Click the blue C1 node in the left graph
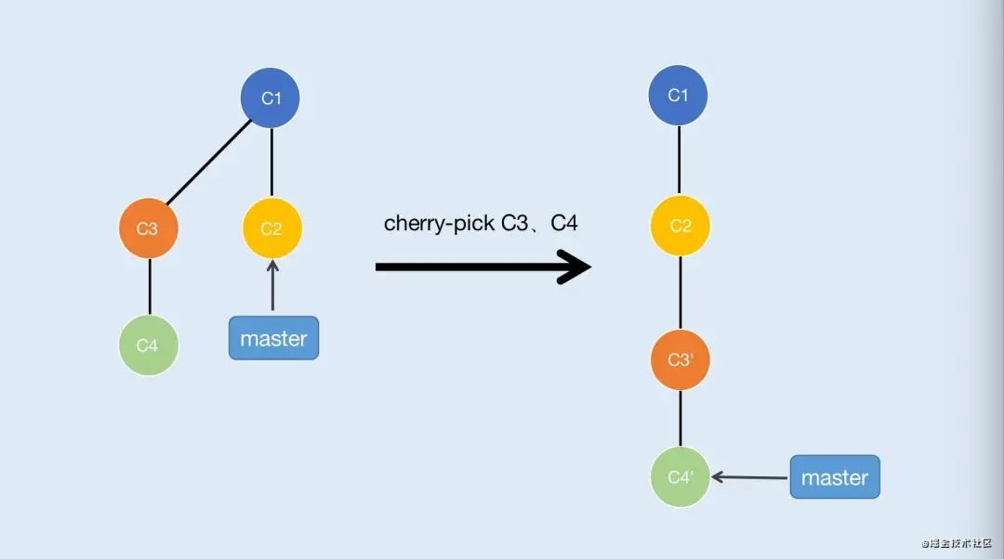click(x=271, y=97)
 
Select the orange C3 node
click(x=149, y=228)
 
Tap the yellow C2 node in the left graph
click(x=271, y=228)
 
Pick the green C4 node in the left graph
click(x=149, y=345)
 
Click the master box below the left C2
click(x=273, y=338)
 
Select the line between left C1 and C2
click(x=271, y=162)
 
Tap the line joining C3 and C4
click(x=150, y=287)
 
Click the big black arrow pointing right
click(x=482, y=267)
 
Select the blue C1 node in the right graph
click(x=679, y=96)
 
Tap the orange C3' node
click(x=680, y=359)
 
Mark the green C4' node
click(x=680, y=477)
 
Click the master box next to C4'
click(x=834, y=477)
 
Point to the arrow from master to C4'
click(x=749, y=477)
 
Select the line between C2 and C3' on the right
click(x=680, y=292)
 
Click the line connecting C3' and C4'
click(x=680, y=418)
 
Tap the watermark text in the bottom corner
click(x=958, y=543)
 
